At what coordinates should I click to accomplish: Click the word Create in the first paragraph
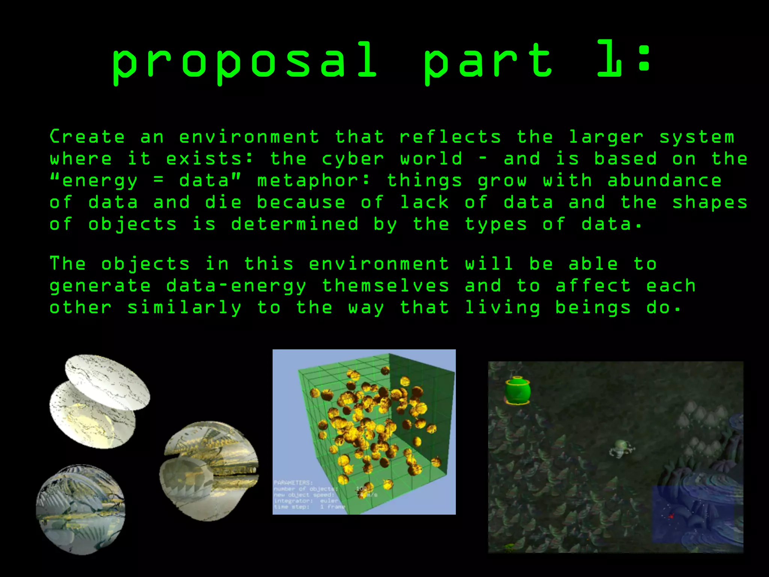(87, 137)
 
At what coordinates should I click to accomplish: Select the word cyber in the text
(353, 159)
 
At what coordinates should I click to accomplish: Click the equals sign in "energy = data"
(158, 181)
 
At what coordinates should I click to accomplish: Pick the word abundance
(665, 181)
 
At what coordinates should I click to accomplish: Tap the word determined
(295, 224)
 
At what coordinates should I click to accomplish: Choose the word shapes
(710, 203)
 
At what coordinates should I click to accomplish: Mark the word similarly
(184, 308)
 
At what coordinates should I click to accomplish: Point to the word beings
(593, 308)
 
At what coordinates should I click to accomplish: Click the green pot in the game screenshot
(517, 391)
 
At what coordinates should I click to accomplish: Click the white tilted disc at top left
(107, 381)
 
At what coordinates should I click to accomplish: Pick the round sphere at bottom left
(80, 509)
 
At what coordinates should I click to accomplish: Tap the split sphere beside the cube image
(210, 471)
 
